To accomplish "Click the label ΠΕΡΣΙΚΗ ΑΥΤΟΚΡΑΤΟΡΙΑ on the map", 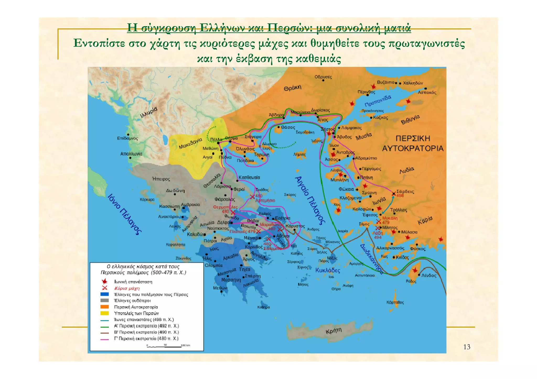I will click(412, 143).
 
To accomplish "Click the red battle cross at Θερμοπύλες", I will click(233, 212).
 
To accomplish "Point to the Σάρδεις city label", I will click(405, 191).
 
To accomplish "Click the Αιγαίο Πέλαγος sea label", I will click(310, 200).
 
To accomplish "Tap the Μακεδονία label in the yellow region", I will click(190, 143).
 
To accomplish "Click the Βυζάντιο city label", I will click(385, 82).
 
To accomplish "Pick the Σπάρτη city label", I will click(253, 276).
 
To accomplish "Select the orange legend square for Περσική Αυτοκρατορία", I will click(104, 307).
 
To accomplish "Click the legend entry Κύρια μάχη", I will click(127, 288).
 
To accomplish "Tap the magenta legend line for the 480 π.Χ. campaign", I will click(104, 339).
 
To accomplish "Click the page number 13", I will click(467, 347).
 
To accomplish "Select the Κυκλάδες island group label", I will click(327, 270).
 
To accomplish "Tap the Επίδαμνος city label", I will click(127, 138).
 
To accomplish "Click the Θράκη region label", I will click(292, 88).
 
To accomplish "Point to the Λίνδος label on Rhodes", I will click(429, 276).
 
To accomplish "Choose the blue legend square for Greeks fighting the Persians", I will click(104, 294).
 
